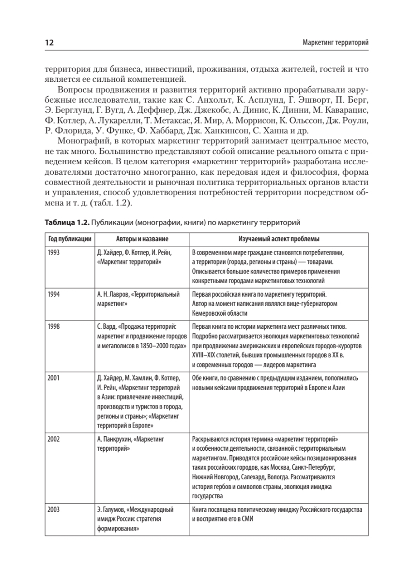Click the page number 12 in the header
[49, 44]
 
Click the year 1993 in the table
[55, 252]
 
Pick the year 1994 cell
[55, 294]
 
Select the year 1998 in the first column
[55, 326]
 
